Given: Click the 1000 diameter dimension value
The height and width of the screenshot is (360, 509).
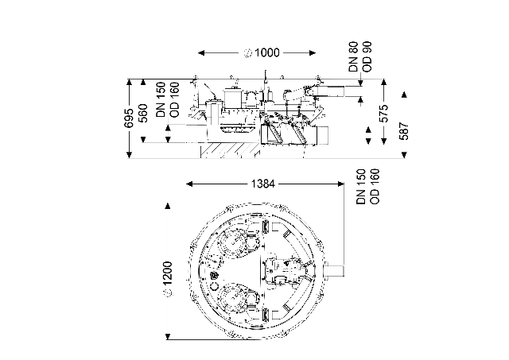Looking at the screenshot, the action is coord(267,52).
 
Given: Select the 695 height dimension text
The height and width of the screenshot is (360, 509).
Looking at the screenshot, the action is coord(129,118).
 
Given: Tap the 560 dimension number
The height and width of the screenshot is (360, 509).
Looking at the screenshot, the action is coord(143,113).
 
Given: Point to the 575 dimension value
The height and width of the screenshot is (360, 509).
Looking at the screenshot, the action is coord(383,113).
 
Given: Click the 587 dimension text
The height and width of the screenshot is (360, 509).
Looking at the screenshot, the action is coord(404,130).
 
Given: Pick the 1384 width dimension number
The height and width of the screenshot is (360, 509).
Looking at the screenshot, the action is coord(263,184).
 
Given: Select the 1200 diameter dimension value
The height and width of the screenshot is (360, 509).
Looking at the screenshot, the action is coord(168,274).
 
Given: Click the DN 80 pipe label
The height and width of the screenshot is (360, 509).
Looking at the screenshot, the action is coord(353,56).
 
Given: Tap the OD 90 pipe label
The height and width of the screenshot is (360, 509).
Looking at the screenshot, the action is coord(367,56).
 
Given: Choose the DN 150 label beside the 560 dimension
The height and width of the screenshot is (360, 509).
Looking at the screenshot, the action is coord(161,99).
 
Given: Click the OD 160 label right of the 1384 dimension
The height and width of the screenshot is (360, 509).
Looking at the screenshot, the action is coord(375,186).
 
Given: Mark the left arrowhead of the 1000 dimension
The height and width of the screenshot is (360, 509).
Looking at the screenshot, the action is coord(201,53).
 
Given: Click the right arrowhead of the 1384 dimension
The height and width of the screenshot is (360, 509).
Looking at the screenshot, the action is coord(341,184).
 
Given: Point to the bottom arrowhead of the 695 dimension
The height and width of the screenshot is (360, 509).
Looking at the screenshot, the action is coord(129,155).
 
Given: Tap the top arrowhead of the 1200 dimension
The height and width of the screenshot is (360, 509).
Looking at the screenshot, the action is coord(168,207).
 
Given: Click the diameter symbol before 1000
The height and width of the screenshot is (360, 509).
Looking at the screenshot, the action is coord(248,53).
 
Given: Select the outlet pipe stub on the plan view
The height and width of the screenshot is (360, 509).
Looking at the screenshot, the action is coord(334,270).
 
